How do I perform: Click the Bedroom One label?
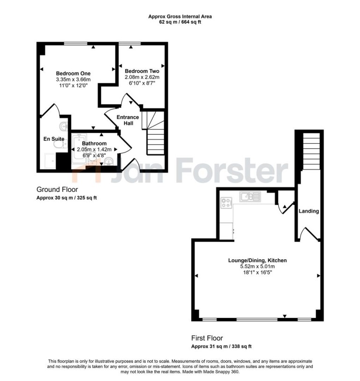(73, 73)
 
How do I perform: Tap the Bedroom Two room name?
(142, 71)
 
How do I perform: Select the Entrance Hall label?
(128, 120)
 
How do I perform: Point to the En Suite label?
(54, 139)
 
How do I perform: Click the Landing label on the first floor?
(309, 211)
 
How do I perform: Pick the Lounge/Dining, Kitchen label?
(257, 260)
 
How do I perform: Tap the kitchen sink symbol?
(249, 197)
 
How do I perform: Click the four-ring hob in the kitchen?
(227, 203)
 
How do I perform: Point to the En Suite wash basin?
(64, 126)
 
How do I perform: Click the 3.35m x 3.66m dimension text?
(73, 80)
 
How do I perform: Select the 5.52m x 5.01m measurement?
(257, 266)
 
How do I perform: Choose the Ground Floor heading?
(57, 190)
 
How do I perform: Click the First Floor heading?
(207, 337)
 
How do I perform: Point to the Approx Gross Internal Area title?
(180, 16)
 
